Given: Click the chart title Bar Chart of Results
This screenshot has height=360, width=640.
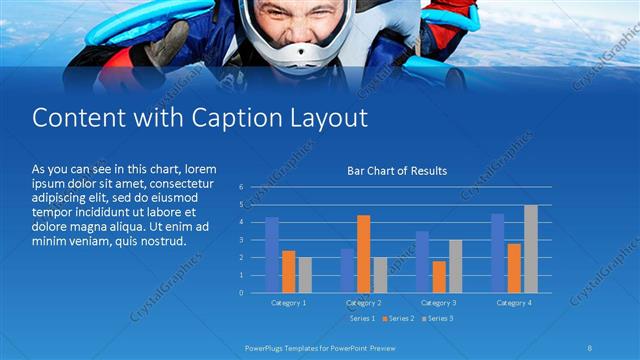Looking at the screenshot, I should tap(397, 171).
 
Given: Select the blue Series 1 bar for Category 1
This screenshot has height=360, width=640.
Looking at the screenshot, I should tap(272, 254).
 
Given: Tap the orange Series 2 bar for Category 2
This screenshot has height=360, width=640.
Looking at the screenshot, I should tap(363, 253).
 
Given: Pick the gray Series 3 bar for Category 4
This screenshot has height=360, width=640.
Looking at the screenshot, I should tap(530, 248).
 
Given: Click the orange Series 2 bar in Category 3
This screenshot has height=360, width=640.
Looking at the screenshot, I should tap(438, 276).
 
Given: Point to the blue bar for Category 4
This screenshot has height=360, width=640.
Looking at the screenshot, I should tap(498, 252).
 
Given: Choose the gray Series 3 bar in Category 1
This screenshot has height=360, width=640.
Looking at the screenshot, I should tap(304, 274).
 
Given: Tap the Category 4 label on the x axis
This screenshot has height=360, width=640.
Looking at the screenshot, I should tap(515, 302).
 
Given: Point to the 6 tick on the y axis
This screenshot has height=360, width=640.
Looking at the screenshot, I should tap(242, 187).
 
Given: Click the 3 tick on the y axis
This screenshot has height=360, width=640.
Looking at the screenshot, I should tap(242, 240).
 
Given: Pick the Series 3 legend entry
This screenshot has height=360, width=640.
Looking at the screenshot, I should tap(437, 318).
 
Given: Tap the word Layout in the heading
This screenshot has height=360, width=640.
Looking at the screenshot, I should tap(328, 118).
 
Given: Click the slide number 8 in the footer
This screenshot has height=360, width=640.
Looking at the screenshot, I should tap(591, 347).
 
